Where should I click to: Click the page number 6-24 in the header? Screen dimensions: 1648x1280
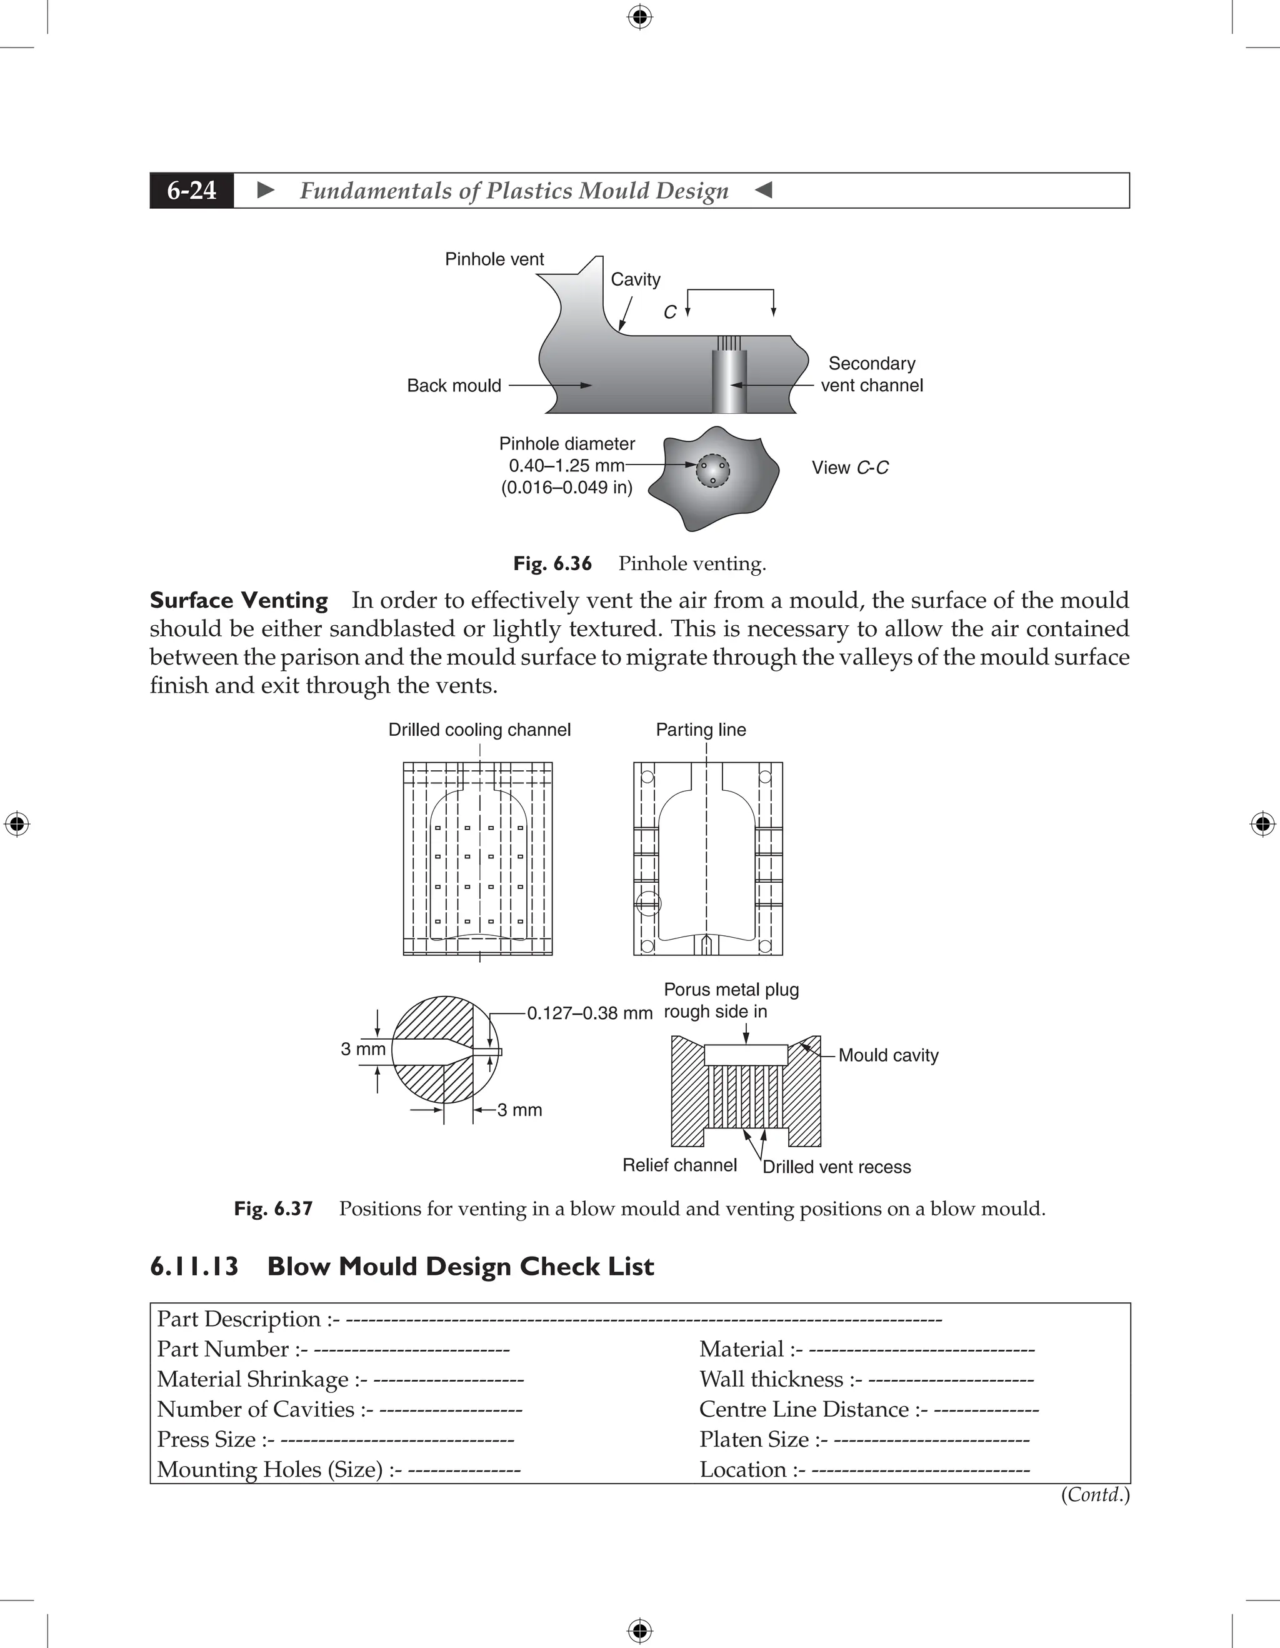coord(192,190)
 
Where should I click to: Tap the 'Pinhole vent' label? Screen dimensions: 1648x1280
coord(494,259)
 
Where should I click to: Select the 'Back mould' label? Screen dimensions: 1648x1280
coord(454,386)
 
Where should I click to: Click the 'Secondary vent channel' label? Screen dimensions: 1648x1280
coord(871,374)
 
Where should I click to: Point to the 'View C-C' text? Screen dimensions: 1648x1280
coord(850,468)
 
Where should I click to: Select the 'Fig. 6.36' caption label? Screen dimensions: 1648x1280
coord(552,564)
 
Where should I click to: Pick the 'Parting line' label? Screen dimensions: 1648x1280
coord(701,730)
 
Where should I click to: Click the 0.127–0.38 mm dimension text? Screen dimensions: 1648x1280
coord(589,1013)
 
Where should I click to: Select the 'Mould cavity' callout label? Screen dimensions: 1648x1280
coord(889,1056)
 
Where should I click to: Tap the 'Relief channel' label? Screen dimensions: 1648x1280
coord(679,1165)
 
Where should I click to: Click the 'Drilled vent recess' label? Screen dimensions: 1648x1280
coord(836,1167)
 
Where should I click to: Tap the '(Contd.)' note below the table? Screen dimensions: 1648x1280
coord(1094,1495)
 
